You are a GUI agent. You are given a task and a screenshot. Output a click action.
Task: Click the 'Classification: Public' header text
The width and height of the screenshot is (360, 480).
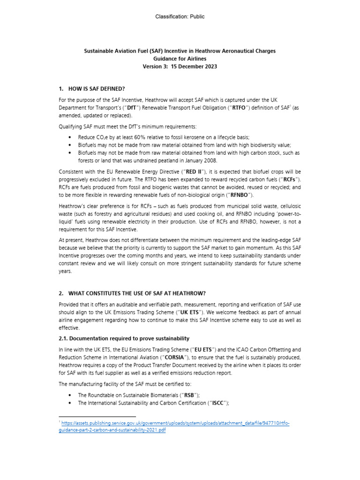coord(180,17)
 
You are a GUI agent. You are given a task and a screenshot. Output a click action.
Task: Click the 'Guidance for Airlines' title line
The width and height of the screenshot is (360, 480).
coord(180,59)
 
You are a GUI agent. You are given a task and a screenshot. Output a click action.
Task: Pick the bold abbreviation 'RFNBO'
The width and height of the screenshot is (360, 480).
coord(239,195)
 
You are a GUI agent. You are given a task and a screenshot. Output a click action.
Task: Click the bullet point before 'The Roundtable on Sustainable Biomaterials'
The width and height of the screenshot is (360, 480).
coord(70,395)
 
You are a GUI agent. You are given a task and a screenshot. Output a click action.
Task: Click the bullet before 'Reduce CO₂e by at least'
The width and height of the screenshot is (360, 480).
coord(70,137)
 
